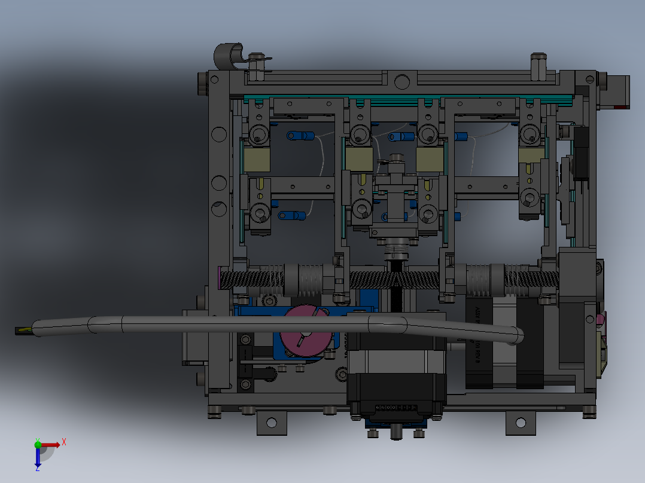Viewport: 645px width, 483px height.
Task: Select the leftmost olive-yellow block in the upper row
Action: [x=257, y=160]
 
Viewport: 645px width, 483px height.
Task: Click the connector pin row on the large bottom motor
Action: [x=395, y=408]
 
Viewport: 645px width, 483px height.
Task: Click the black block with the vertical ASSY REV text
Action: [x=479, y=341]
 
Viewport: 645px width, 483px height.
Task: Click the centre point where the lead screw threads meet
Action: [x=397, y=279]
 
